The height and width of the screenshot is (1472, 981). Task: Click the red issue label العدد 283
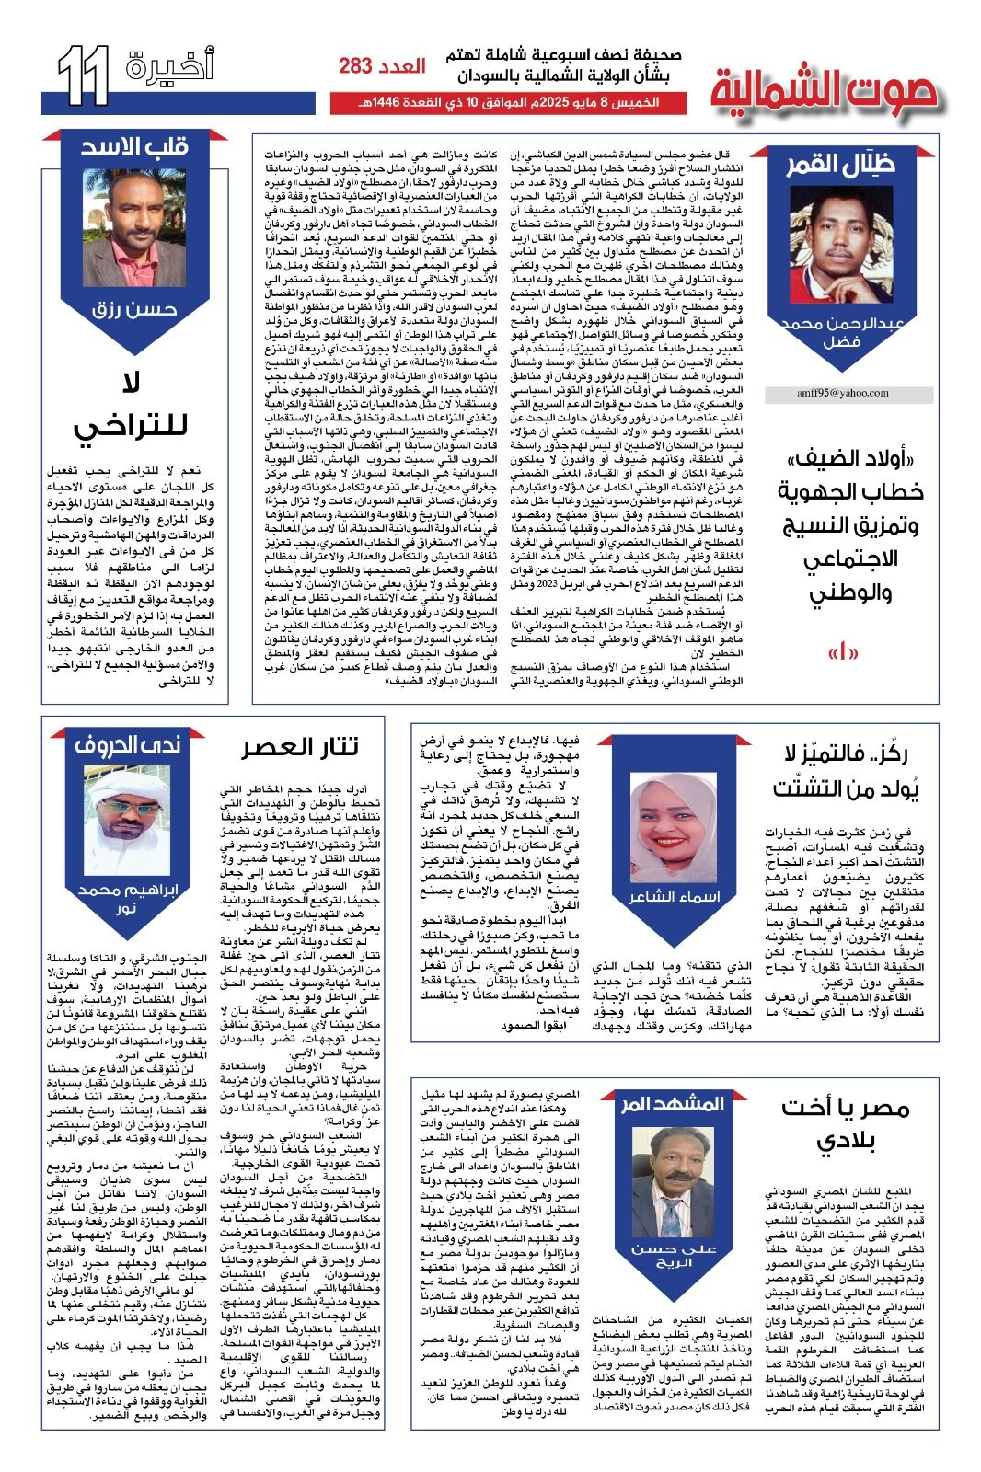point(382,66)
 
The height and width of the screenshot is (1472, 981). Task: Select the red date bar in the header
point(508,102)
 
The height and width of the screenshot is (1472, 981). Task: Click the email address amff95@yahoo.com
point(842,393)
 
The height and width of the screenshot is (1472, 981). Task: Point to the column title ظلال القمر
point(839,165)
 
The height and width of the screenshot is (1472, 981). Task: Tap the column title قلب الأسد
point(134,147)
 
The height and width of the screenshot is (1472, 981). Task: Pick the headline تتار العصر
point(300,746)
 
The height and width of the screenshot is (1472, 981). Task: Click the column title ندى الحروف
point(128,744)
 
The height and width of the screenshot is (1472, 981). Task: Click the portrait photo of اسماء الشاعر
point(674,828)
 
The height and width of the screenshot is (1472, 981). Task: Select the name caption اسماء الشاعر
point(674,897)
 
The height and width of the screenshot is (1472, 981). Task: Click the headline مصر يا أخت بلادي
point(846,1124)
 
